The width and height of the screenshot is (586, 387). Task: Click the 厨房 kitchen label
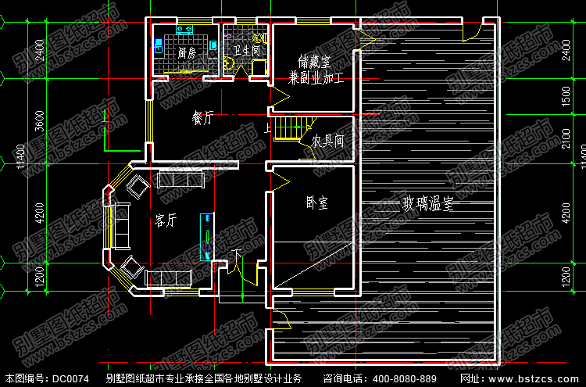[x=186, y=53]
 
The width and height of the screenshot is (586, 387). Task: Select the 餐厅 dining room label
[x=203, y=119]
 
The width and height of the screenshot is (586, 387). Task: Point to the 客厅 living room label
[x=166, y=221]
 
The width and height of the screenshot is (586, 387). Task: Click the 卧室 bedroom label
[x=316, y=202]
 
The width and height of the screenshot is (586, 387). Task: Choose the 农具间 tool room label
[x=328, y=142]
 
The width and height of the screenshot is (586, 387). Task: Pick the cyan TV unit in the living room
[x=208, y=235]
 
